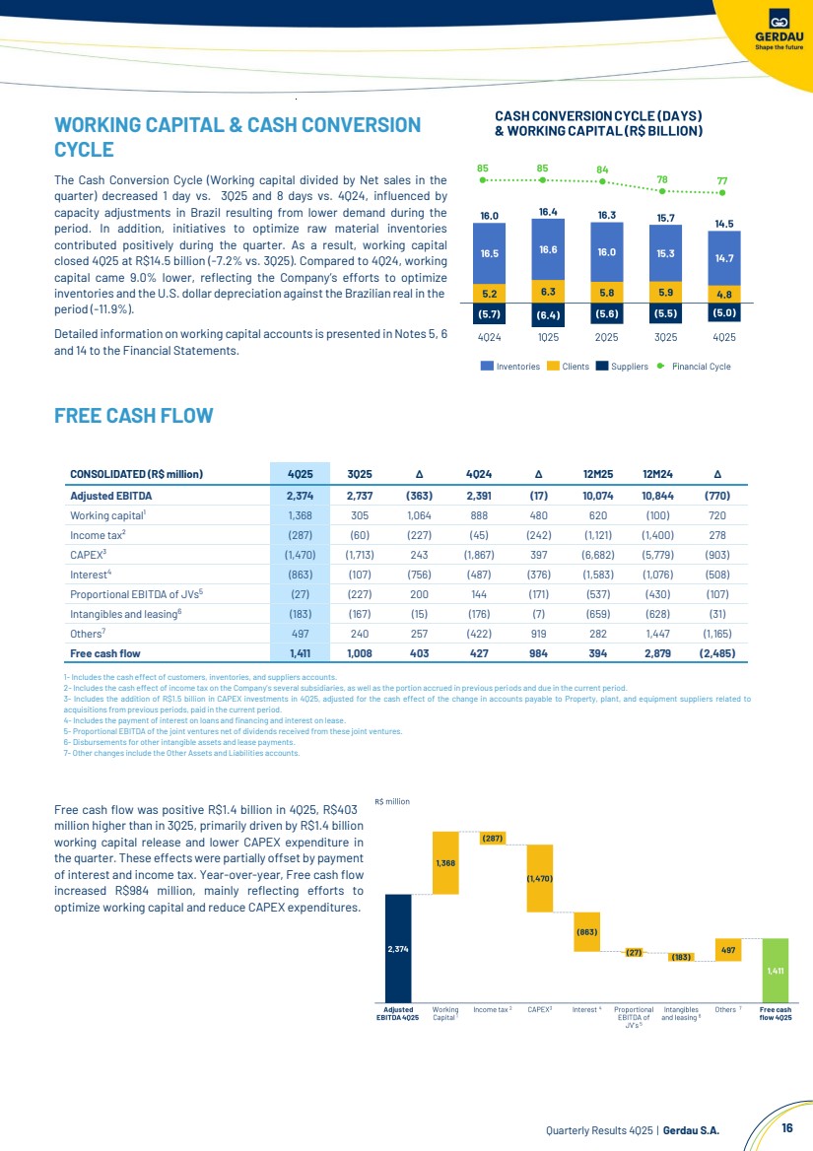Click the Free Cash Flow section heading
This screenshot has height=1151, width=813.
coord(133,415)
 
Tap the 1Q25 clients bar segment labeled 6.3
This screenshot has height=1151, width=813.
coord(549,291)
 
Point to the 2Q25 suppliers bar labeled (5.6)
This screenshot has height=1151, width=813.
coord(606,314)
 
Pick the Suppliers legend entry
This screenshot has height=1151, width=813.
coord(621,367)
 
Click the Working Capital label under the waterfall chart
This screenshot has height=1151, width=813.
coord(445,1013)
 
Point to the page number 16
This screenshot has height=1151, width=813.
coord(786,1127)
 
